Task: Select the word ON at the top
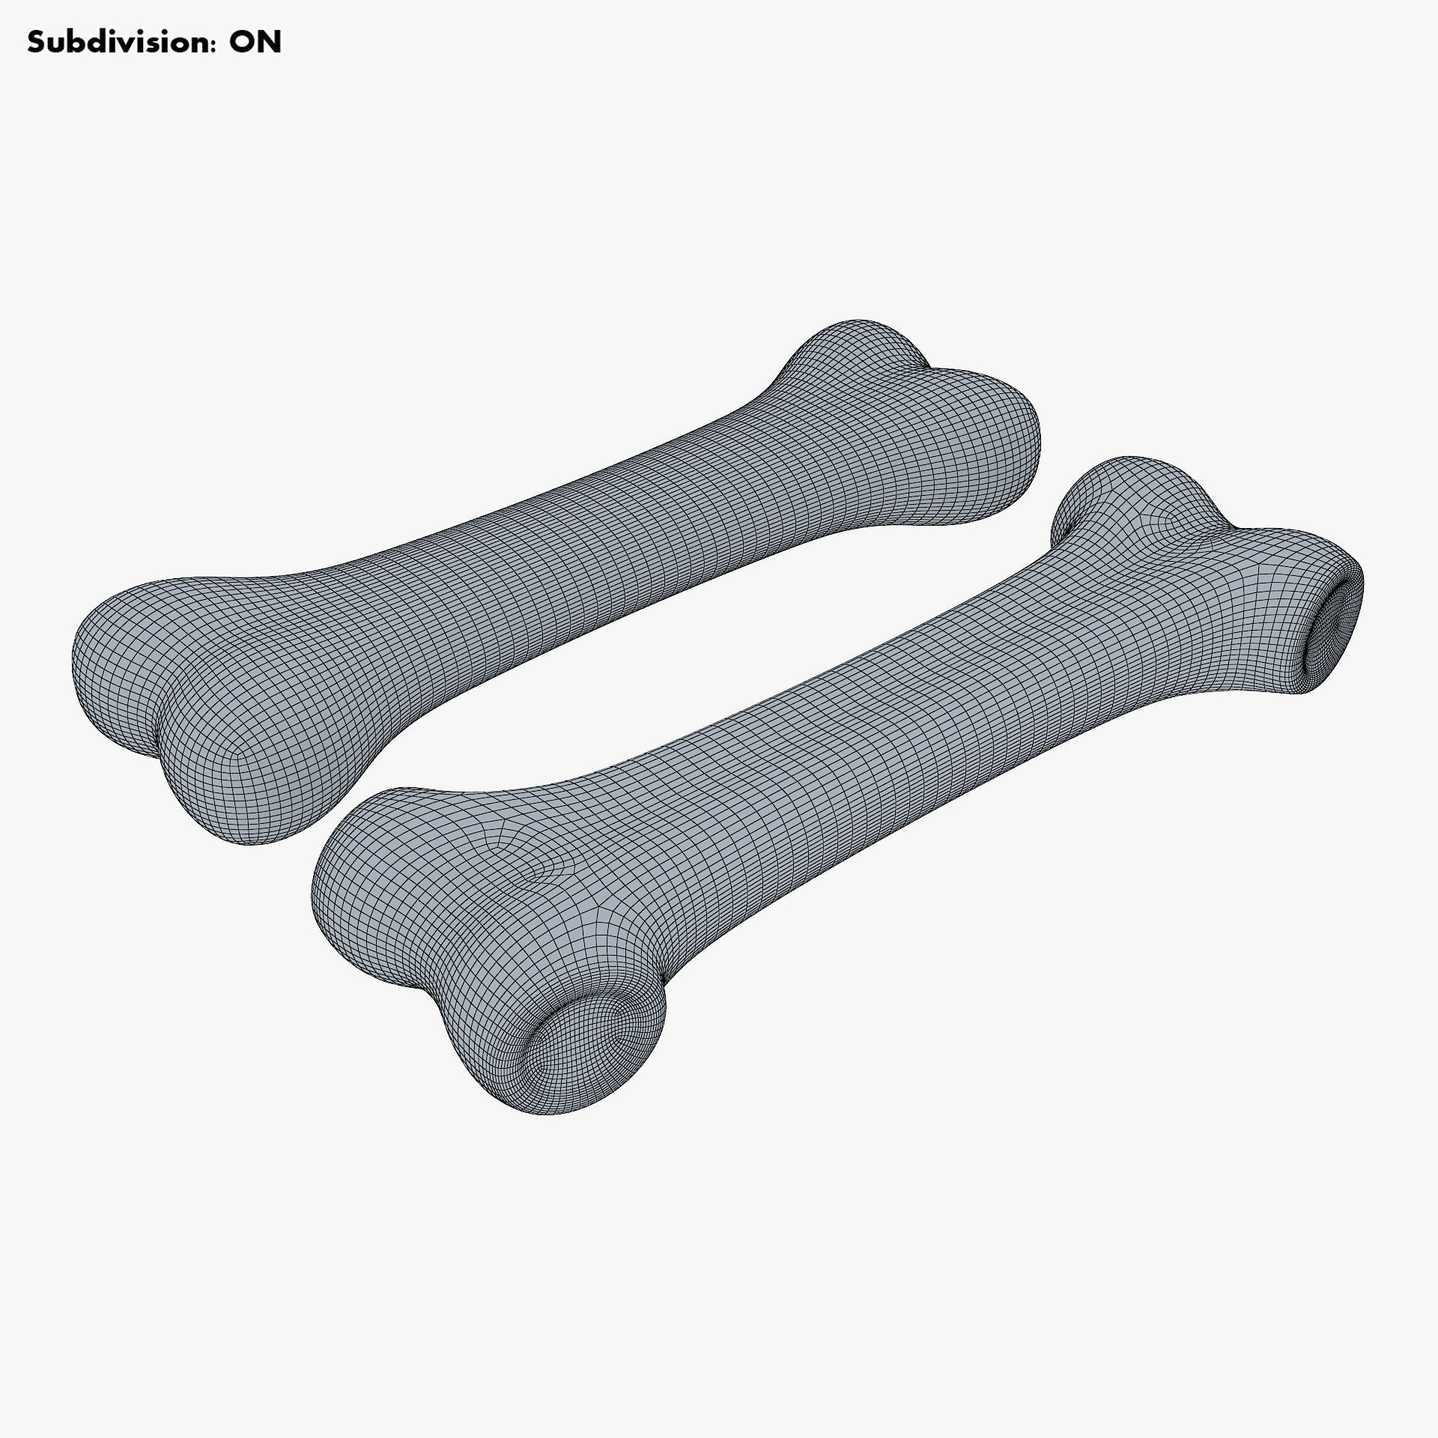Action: pos(255,43)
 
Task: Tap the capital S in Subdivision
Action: pos(36,43)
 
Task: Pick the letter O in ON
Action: pos(241,43)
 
